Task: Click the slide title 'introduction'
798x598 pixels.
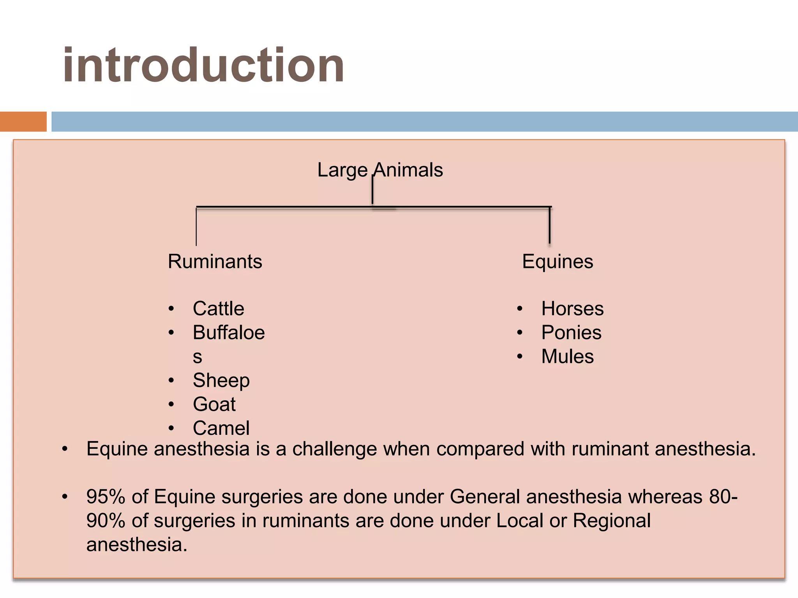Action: tap(203, 65)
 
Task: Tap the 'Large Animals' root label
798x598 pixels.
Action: tap(380, 170)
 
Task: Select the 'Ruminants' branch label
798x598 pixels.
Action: tap(215, 261)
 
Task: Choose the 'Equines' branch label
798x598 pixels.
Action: tap(557, 261)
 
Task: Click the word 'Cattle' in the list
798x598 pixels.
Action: tap(218, 309)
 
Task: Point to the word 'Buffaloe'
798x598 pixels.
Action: tap(229, 333)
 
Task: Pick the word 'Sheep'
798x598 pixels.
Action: tap(221, 380)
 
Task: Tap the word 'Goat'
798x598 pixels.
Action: tap(214, 404)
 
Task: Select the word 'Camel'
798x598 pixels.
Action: tap(221, 428)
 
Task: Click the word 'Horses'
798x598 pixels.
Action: tap(572, 309)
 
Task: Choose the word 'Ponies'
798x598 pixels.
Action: tap(571, 333)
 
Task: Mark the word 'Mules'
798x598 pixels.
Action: tap(567, 357)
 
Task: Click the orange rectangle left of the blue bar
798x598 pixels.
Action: tap(23, 121)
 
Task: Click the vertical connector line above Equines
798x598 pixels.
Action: tap(549, 226)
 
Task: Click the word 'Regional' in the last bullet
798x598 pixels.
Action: tap(611, 521)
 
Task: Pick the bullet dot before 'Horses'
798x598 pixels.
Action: tap(519, 309)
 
